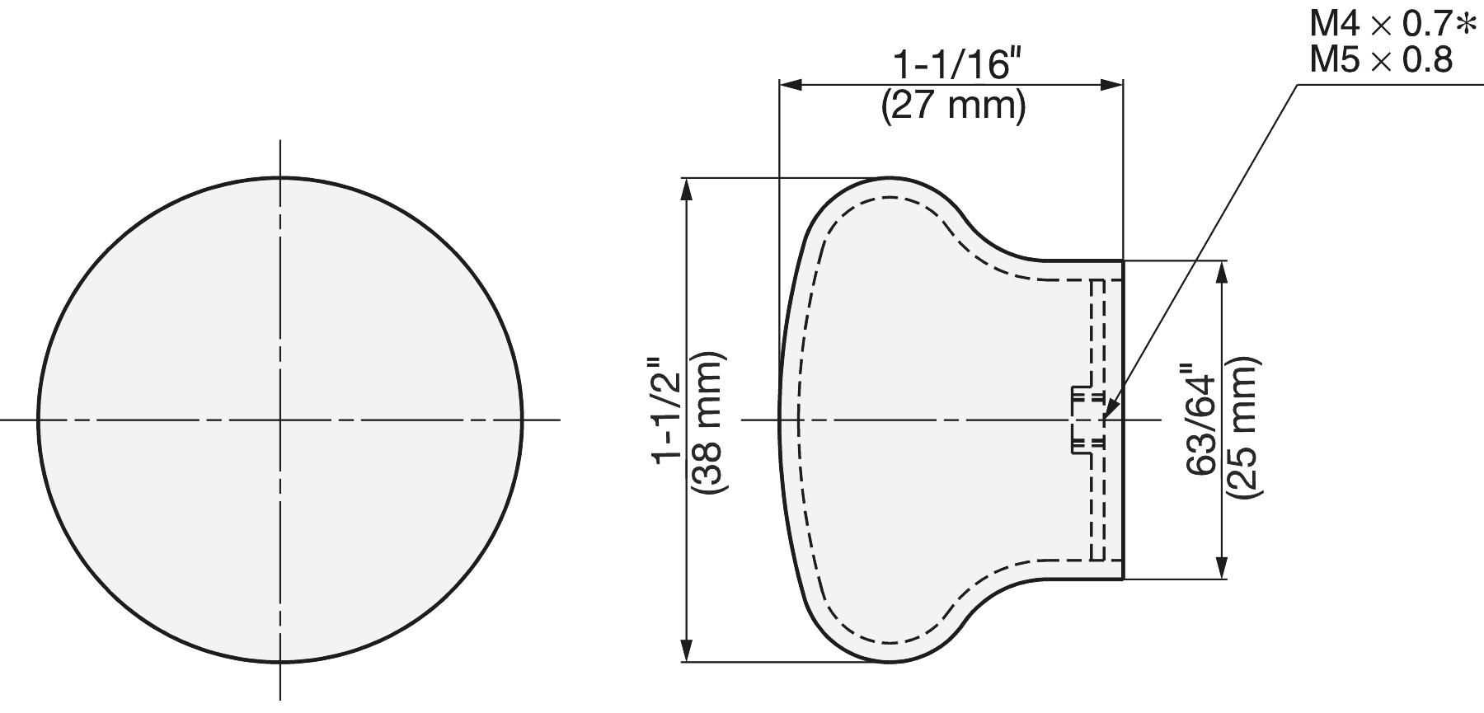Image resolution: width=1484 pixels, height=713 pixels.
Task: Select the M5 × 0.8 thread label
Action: click(1381, 61)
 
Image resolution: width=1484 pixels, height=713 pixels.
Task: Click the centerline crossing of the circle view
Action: click(280, 420)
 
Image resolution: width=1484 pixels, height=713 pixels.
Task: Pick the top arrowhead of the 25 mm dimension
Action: click(1221, 271)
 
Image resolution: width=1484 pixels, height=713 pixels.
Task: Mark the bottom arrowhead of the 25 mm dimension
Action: click(1221, 569)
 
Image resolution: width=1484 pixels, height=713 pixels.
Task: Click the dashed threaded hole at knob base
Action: click(1087, 420)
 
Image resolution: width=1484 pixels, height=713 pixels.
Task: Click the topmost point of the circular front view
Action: click(280, 177)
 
